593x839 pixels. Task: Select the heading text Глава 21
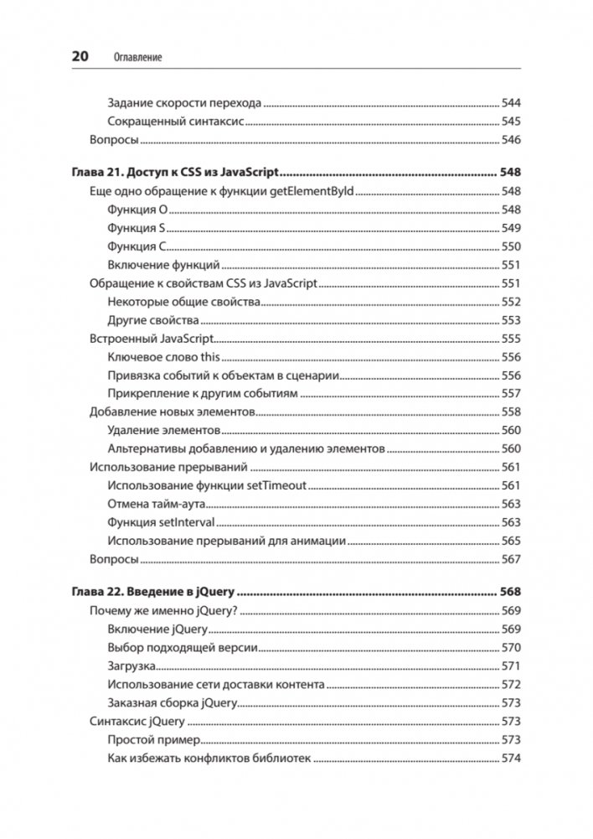pyautogui.click(x=95, y=173)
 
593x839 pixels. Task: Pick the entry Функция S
pyautogui.click(x=138, y=228)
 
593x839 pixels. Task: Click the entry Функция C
pyautogui.click(x=138, y=246)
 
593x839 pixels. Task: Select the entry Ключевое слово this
pyautogui.click(x=163, y=357)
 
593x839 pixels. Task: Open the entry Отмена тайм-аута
pyautogui.click(x=157, y=504)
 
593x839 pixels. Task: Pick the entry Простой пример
pyautogui.click(x=156, y=740)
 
